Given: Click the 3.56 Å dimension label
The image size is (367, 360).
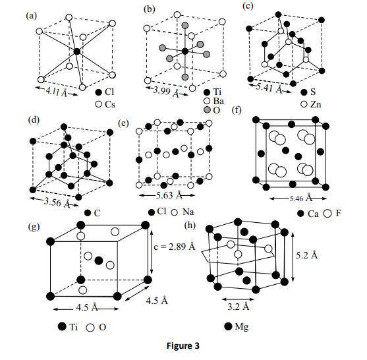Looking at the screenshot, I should point(56,202).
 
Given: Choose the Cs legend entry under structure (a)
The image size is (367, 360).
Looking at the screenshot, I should point(105,104).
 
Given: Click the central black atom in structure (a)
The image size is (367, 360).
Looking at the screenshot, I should point(77,51).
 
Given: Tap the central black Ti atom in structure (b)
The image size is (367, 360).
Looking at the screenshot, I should point(185,51).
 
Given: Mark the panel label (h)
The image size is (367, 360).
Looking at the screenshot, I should point(192,226).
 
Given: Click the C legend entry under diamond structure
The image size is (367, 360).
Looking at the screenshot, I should point(92,212).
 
